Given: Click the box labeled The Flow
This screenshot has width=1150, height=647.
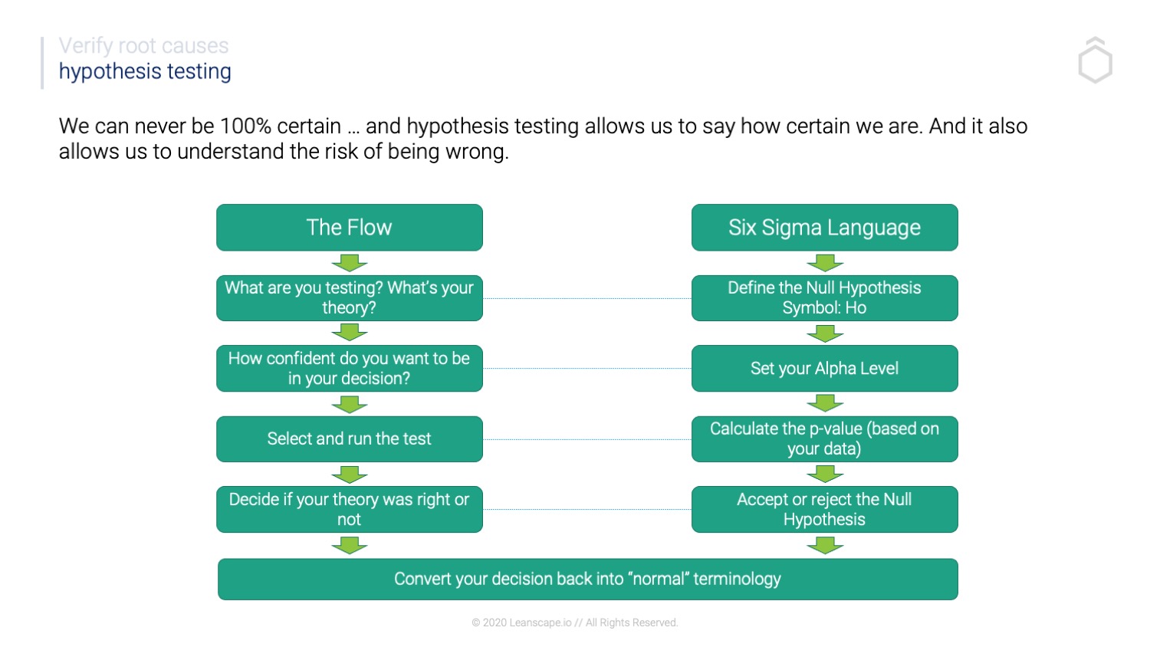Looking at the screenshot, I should click(349, 228).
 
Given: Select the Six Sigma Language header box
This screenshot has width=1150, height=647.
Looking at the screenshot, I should click(824, 228).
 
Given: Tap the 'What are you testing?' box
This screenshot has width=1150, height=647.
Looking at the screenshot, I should click(349, 298).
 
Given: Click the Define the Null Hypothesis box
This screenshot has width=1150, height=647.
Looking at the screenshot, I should click(824, 298).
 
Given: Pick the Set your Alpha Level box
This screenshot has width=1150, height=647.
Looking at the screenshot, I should click(824, 369).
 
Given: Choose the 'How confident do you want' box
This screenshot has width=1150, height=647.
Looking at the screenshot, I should click(349, 369).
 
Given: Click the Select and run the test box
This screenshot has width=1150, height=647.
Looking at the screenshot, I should click(349, 439).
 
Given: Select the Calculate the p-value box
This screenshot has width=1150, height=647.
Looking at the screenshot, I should click(824, 439).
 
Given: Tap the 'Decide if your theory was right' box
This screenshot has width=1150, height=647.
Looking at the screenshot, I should click(349, 510).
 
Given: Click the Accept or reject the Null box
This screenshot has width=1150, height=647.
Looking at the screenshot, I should click(824, 510).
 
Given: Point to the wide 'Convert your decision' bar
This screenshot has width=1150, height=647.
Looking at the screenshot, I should click(587, 580).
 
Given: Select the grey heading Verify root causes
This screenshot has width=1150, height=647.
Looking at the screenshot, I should click(143, 46).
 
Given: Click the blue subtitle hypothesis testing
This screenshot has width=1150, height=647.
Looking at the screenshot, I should click(145, 71).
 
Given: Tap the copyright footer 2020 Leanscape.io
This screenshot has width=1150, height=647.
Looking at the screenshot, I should click(574, 622).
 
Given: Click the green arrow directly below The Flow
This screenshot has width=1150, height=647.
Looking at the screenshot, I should click(350, 263).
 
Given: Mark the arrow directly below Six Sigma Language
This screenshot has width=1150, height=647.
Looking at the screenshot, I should click(825, 263).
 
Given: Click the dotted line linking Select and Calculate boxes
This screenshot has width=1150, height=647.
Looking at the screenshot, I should click(587, 439).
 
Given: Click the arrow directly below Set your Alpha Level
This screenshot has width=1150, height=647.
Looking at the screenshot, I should click(825, 403).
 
